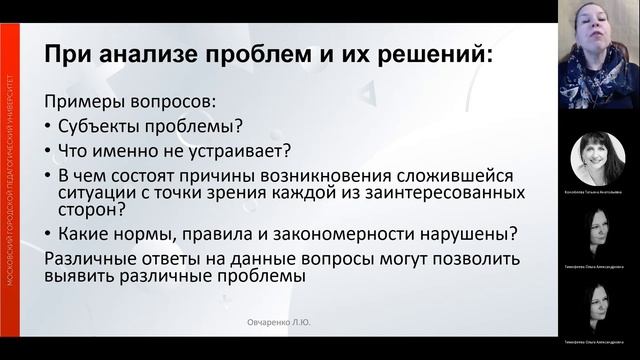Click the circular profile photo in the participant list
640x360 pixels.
coord(598,158)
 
